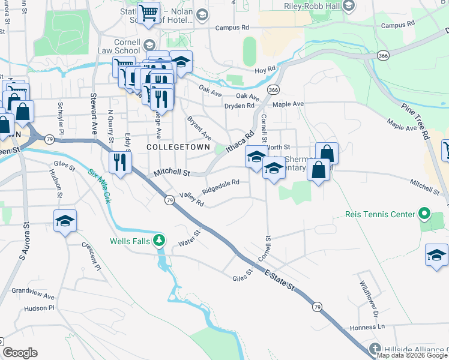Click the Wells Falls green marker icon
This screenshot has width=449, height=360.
click(159, 241)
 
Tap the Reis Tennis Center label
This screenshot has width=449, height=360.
click(380, 214)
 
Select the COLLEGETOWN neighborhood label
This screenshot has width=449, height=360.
click(178, 146)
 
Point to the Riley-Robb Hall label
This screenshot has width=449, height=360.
click(312, 5)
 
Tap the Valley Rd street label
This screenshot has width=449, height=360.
click(192, 199)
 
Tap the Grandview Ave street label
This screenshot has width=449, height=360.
click(33, 296)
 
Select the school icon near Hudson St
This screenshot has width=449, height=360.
click(65, 221)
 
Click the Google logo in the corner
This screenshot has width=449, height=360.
click(20, 353)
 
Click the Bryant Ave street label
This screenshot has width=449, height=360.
click(199, 127)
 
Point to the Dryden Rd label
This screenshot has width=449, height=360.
click(239, 106)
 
